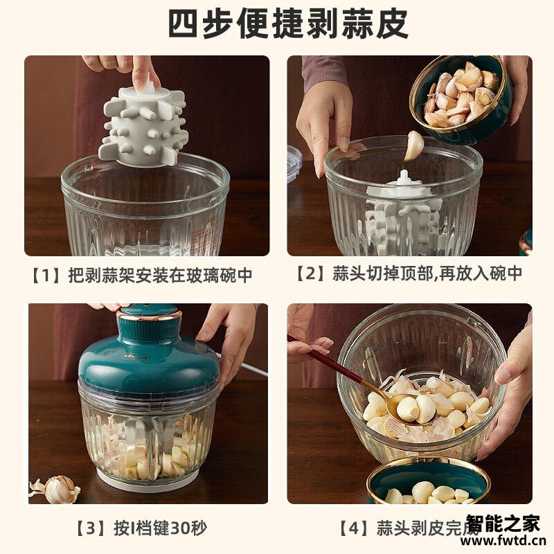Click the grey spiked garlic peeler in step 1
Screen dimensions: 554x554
point(143,125)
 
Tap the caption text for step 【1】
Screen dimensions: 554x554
point(141,275)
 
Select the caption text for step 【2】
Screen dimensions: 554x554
point(409,275)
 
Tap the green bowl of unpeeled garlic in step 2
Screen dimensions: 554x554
point(461,97)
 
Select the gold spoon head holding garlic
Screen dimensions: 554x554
point(402,409)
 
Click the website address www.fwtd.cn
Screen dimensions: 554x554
point(503,541)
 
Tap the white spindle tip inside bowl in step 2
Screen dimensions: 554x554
point(404,177)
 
